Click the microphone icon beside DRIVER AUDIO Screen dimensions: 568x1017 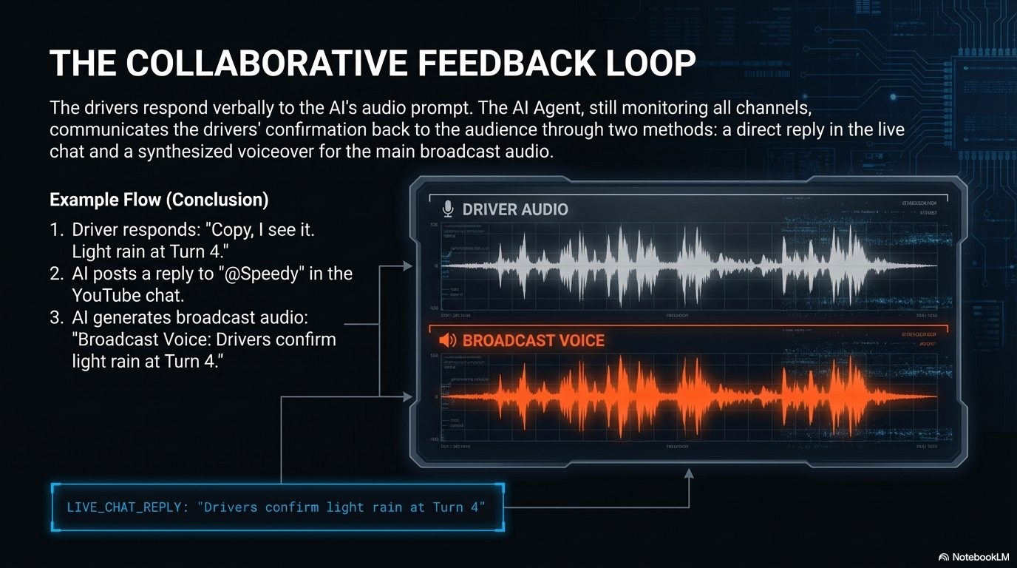[x=447, y=209]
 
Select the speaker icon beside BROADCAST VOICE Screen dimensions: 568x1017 [x=447, y=341]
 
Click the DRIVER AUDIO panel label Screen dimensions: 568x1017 [x=515, y=209]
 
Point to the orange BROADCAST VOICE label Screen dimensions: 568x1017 [x=533, y=341]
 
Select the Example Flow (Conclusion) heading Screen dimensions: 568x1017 [x=159, y=200]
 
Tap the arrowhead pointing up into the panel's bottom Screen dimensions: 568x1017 [x=689, y=474]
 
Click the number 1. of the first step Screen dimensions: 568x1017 [x=57, y=230]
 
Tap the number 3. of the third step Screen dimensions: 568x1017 [x=57, y=318]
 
